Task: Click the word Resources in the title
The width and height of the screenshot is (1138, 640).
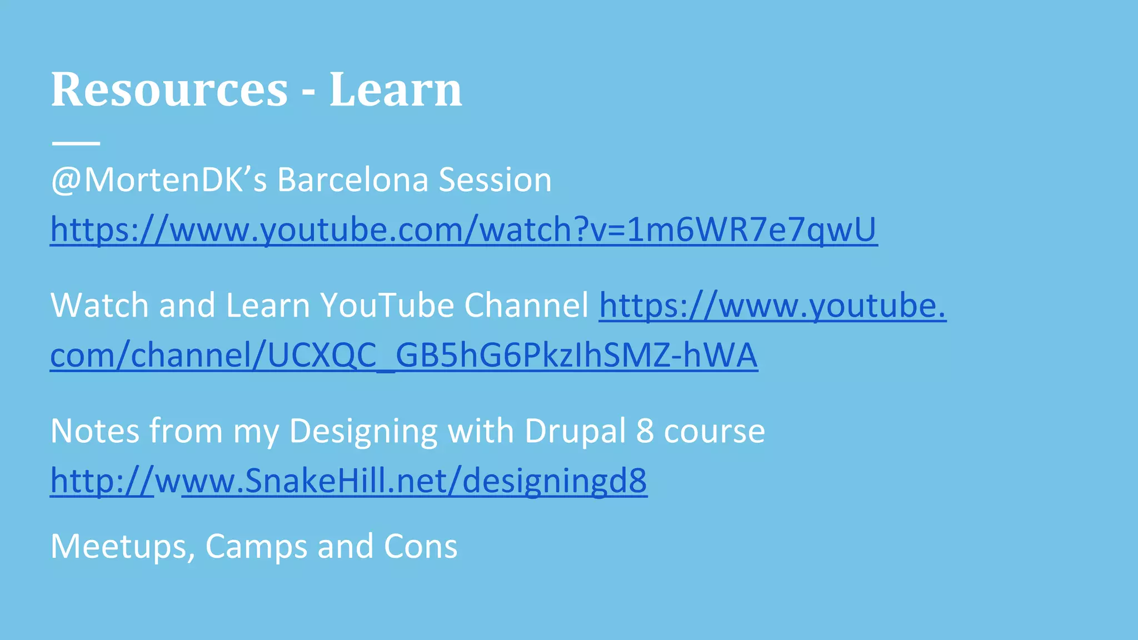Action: tap(169, 90)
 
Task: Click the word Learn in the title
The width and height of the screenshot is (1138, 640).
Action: tap(395, 90)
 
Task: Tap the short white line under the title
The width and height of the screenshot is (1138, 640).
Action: tap(76, 143)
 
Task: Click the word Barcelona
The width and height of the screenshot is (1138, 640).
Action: tap(352, 180)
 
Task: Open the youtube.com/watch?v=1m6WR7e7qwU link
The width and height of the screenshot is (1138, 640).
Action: tap(463, 229)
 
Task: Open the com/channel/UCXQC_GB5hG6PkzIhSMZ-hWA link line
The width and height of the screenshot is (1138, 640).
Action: tap(403, 355)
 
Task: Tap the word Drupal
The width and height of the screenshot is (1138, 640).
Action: tap(575, 431)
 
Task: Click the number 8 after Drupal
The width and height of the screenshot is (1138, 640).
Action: tap(645, 431)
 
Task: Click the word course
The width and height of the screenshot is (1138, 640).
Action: tap(714, 431)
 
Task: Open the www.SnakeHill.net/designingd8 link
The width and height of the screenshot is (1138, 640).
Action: tap(413, 481)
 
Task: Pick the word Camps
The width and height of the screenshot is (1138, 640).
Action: tap(256, 546)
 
